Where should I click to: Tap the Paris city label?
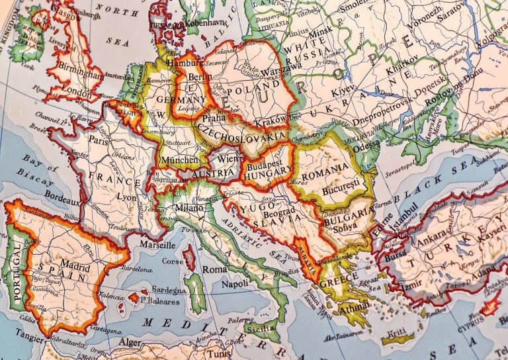pos(98,142)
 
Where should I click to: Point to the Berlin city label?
pos(199,77)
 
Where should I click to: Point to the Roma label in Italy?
pos(214,269)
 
